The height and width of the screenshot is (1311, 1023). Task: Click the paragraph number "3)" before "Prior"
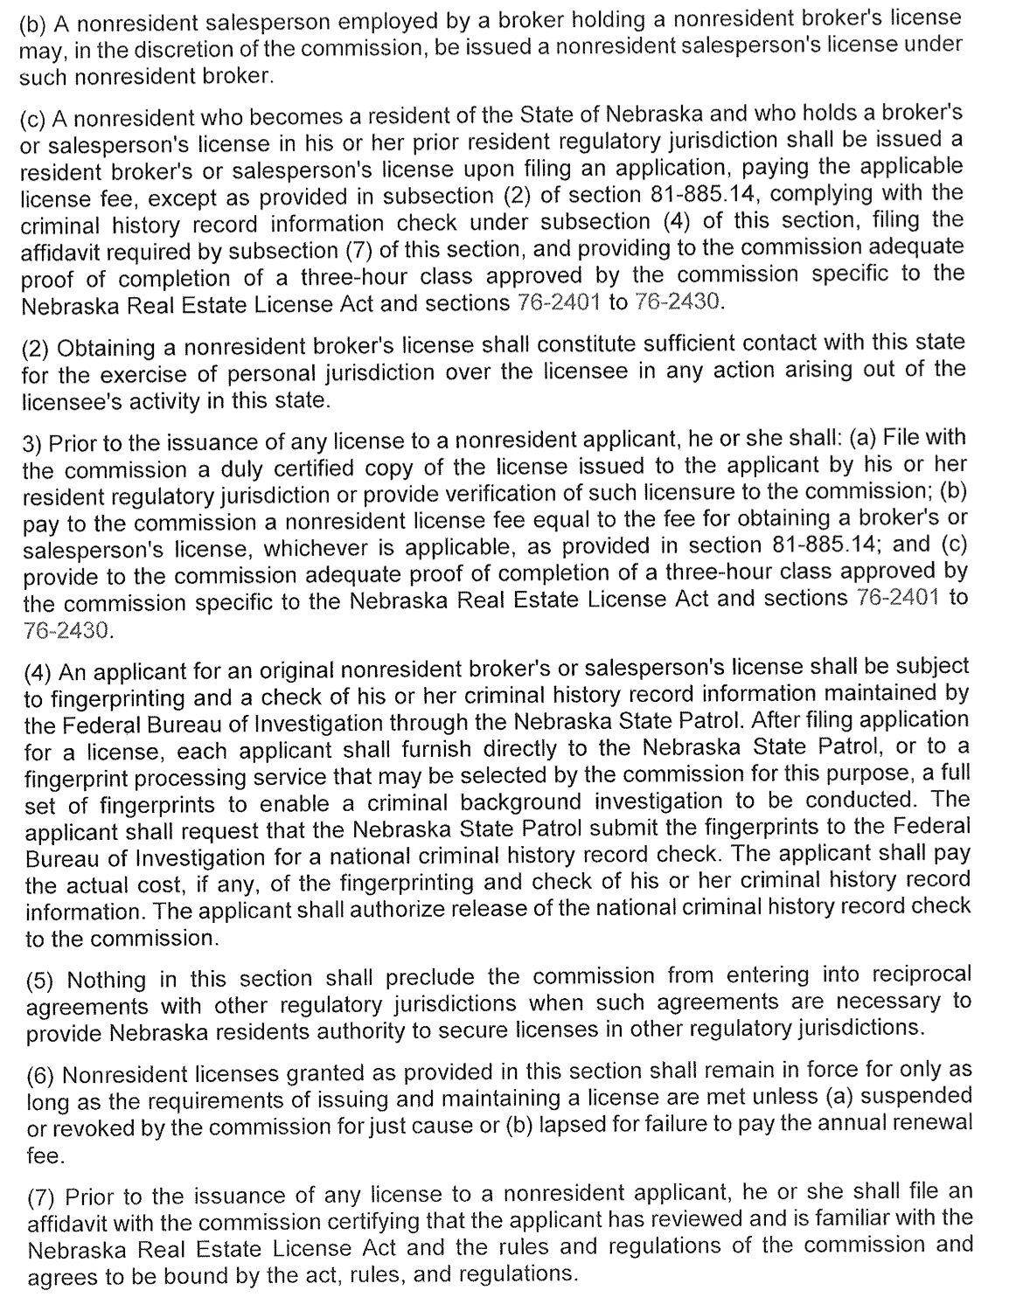[31, 441]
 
